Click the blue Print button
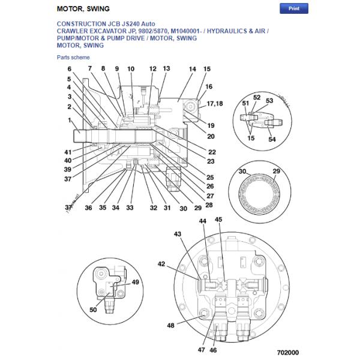click(x=294, y=8)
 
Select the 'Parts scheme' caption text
click(x=73, y=57)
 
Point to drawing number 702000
click(x=287, y=353)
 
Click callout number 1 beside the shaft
click(x=70, y=121)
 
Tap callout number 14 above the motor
click(x=192, y=70)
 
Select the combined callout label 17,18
click(x=214, y=104)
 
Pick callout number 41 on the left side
click(x=68, y=152)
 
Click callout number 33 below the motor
click(x=130, y=208)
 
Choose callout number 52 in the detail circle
click(x=256, y=97)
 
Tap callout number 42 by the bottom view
click(x=161, y=263)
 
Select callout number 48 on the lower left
click(x=171, y=326)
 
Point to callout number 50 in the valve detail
click(x=93, y=310)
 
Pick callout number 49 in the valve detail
click(x=135, y=282)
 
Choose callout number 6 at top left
click(x=69, y=69)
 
